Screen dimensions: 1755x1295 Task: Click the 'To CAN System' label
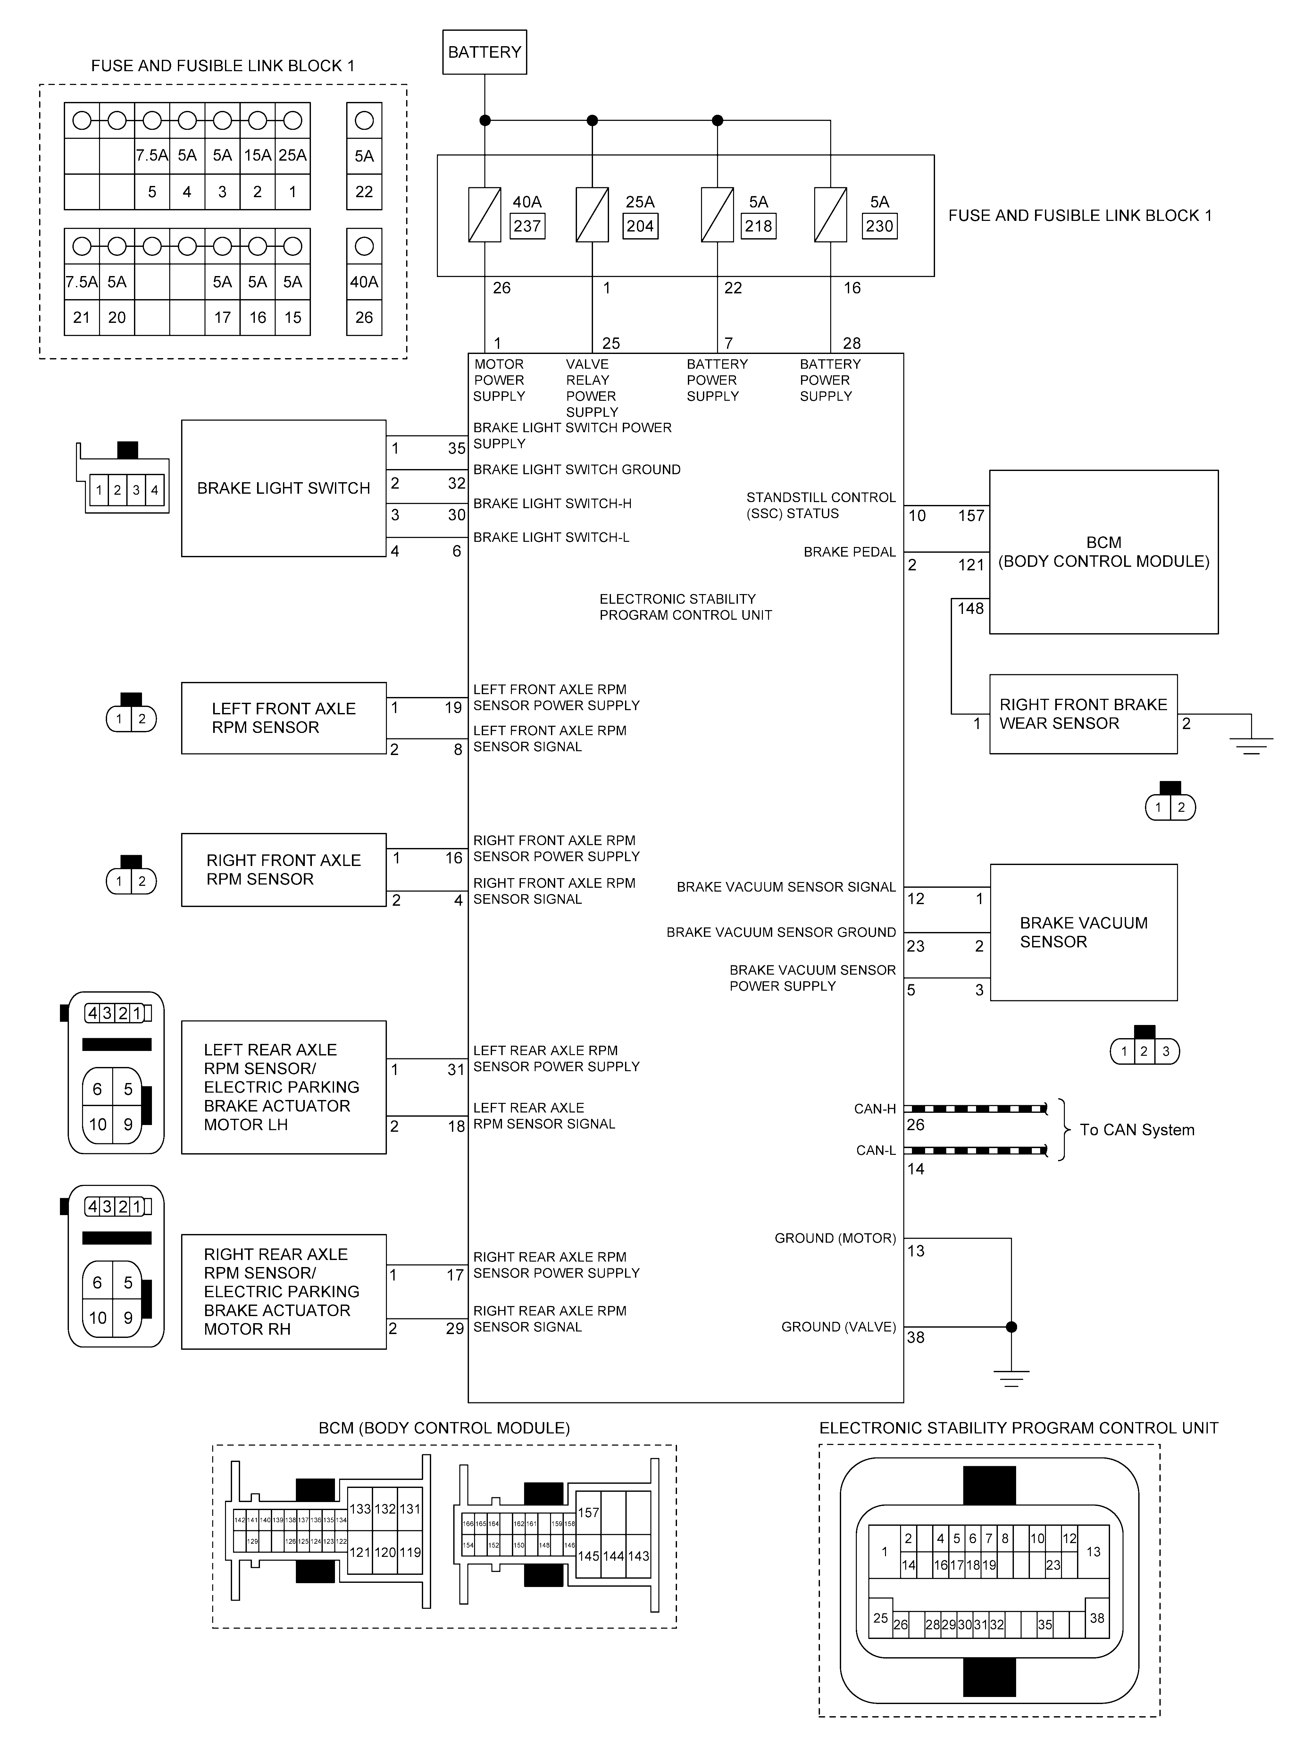pos(1137,1129)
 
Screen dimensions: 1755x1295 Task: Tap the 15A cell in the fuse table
pos(257,155)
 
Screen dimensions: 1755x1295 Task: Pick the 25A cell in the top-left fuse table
pos(292,155)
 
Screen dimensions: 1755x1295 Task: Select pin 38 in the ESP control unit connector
pos(1097,1618)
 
